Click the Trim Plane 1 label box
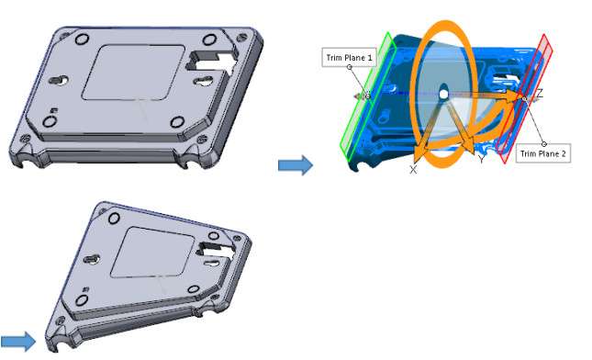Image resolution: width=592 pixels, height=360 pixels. point(349,58)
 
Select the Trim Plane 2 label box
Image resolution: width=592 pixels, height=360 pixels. point(543,153)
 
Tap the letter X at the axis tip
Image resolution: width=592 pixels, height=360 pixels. point(413,170)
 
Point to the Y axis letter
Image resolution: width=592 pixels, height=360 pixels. point(481,159)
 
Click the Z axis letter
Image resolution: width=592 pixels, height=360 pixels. point(540,94)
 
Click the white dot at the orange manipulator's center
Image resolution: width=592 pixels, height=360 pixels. point(443,94)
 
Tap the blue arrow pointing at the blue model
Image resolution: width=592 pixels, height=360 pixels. point(296,165)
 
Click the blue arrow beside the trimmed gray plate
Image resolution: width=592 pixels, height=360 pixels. point(17,342)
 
